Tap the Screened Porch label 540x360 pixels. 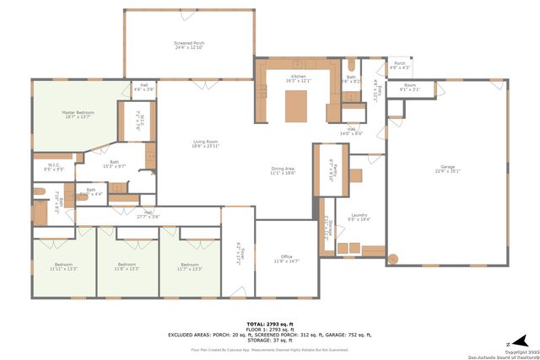189,45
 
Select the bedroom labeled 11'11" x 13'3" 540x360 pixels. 63,267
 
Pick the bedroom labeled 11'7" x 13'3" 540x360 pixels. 190,267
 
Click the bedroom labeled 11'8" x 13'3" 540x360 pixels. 127,267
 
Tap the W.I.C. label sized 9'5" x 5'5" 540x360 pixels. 53,167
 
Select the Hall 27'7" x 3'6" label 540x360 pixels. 148,214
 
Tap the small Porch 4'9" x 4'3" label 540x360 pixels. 400,65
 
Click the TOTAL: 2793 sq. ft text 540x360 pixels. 269,324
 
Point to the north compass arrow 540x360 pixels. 509,344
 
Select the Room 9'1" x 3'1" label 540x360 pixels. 410,86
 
